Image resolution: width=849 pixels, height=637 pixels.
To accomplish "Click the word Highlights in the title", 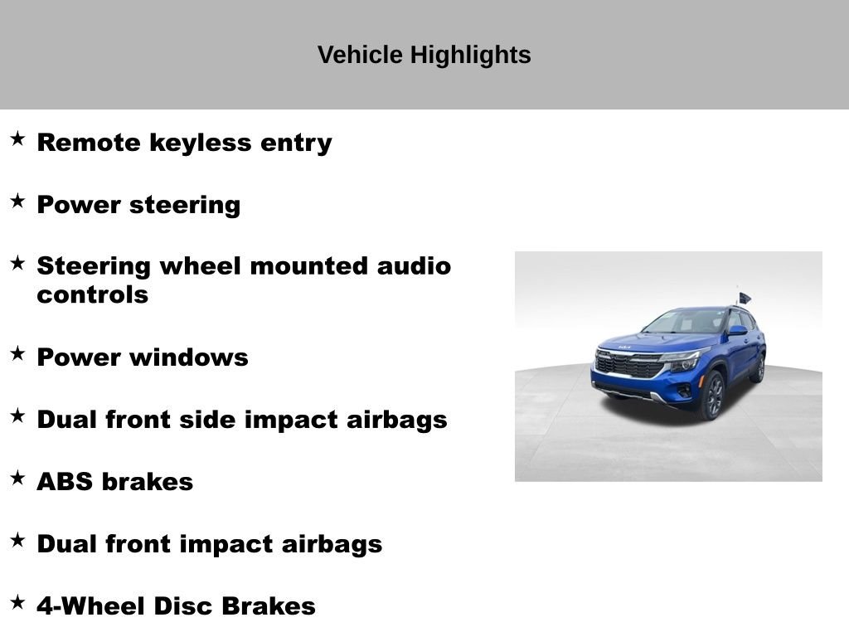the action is [x=470, y=56].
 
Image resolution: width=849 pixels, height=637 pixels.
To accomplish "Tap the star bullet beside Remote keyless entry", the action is [x=18, y=139].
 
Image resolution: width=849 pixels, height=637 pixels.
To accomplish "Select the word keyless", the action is [x=201, y=143].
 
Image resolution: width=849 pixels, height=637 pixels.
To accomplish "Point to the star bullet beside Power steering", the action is [x=18, y=201].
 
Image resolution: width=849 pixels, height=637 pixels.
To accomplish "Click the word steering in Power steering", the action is [x=185, y=206].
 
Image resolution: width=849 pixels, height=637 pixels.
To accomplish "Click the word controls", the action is [x=93, y=295].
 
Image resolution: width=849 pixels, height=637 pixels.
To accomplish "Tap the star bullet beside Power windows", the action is [x=18, y=354].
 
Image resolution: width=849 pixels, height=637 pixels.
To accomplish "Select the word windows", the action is [x=188, y=357].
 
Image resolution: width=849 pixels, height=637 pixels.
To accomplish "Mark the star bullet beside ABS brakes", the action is [x=18, y=479].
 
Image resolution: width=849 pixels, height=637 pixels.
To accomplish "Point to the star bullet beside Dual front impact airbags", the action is [x=18, y=541].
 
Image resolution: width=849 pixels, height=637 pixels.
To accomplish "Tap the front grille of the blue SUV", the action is [x=629, y=366].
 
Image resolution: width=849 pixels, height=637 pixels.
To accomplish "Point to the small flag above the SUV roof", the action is [x=745, y=298].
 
